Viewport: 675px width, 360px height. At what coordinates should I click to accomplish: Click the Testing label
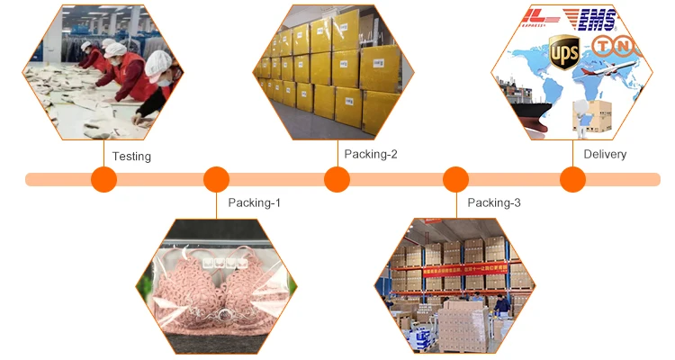[x=131, y=156]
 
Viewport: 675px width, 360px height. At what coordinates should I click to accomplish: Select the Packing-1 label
[x=254, y=202]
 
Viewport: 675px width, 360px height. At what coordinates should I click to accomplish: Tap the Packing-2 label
[x=370, y=154]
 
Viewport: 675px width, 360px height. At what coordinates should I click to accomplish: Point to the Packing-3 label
[x=494, y=202]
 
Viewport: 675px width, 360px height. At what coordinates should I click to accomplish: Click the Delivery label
[x=605, y=154]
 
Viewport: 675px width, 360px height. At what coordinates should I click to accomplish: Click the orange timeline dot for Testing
[x=104, y=180]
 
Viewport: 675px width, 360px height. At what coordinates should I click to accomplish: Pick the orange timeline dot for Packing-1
[x=216, y=180]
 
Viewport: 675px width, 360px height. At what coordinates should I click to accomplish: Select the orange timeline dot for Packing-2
[x=337, y=180]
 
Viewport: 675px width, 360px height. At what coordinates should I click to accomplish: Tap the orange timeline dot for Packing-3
[x=456, y=180]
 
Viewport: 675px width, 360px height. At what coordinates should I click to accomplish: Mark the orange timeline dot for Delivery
[x=572, y=180]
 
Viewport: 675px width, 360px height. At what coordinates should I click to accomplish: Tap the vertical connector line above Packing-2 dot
[x=337, y=153]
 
